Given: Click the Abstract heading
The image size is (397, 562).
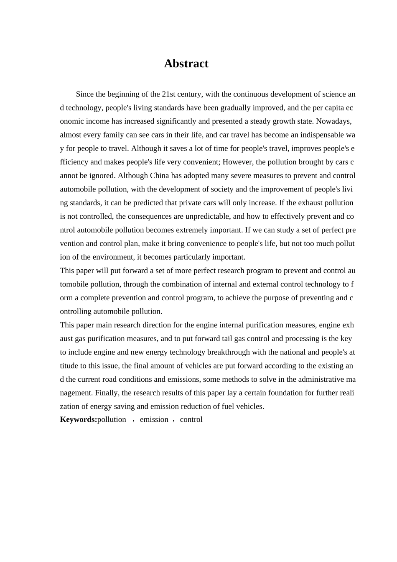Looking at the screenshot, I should pyautogui.click(x=186, y=64).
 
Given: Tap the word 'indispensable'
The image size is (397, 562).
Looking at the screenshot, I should pyautogui.click(x=314, y=135).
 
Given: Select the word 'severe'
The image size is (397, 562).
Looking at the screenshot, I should pyautogui.click(x=234, y=176).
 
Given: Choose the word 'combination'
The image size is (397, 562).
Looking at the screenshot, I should pyautogui.click(x=181, y=284).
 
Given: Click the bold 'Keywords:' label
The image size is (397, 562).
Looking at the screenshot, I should pyautogui.click(x=79, y=419).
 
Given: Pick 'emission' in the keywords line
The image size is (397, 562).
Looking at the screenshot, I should pyautogui.click(x=154, y=419).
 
